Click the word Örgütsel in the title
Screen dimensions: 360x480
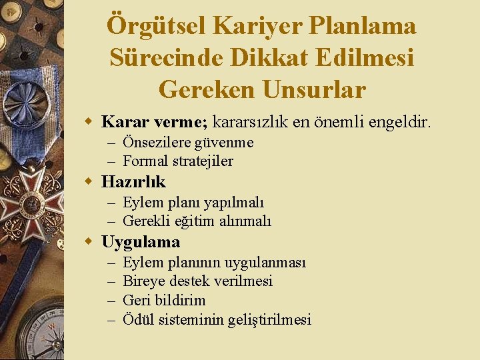pos(156,26)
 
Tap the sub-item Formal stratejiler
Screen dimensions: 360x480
pos(178,161)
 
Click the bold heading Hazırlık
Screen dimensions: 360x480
pos(133,181)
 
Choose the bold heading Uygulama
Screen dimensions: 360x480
pos(141,241)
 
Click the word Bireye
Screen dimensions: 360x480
pos(143,281)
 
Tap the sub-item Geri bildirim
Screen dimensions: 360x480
pos(164,300)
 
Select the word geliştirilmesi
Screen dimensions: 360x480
pos(269,319)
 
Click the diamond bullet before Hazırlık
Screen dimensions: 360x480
pos(87,182)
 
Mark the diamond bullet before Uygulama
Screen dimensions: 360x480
pos(87,241)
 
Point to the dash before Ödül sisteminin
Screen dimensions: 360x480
pos(111,319)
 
